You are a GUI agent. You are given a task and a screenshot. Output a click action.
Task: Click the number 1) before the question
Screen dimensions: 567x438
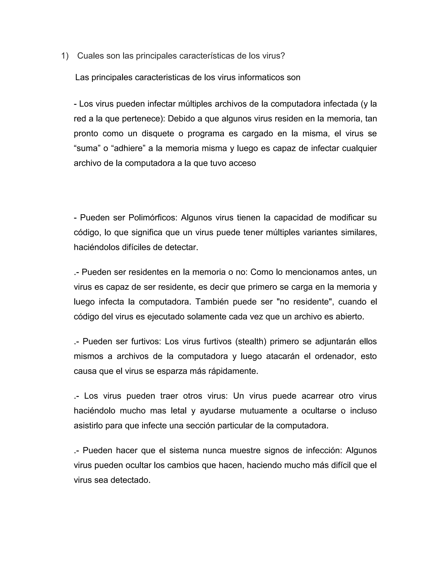[x=65, y=56]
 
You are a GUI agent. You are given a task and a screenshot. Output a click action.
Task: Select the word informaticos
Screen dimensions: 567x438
[x=261, y=77]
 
